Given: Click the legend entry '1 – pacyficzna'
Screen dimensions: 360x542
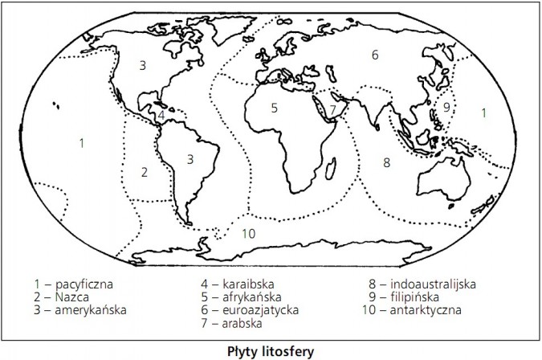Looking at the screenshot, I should click(x=75, y=284).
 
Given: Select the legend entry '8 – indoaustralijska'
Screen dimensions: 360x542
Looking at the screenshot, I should click(x=422, y=284).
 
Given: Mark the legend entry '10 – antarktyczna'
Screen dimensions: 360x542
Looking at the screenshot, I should click(x=414, y=308).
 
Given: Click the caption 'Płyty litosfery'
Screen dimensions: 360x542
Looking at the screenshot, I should click(x=270, y=350).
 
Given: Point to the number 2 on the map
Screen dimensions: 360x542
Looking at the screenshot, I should click(x=145, y=171).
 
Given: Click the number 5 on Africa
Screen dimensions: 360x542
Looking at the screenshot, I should click(x=274, y=106).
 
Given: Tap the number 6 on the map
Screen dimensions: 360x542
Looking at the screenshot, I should click(x=374, y=55).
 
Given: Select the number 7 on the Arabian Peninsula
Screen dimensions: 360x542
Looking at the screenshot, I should click(x=332, y=109).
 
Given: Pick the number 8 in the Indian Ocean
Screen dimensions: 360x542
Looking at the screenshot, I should click(x=386, y=162).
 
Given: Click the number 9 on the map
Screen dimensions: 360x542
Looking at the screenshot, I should click(x=446, y=107).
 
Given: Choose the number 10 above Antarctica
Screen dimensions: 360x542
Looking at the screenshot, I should click(x=248, y=234).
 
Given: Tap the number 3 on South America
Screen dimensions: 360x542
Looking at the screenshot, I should click(x=189, y=158).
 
